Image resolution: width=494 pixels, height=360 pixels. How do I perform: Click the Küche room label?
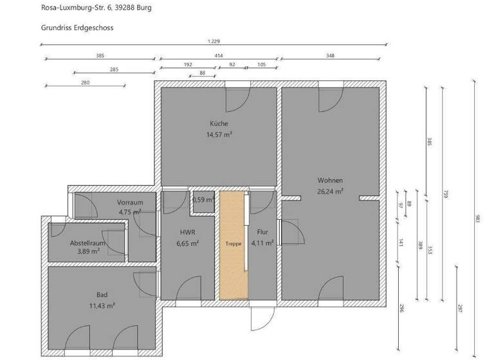(219, 123)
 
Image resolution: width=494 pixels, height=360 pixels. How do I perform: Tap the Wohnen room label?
(330, 180)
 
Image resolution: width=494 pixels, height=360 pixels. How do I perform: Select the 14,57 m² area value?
(219, 135)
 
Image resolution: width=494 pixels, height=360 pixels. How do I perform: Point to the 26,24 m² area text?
(330, 191)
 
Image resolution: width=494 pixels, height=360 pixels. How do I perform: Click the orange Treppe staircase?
(232, 245)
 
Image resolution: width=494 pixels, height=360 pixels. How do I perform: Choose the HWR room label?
(188, 232)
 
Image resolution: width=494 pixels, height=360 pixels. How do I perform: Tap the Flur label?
(262, 232)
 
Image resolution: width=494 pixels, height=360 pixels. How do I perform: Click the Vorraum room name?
(130, 202)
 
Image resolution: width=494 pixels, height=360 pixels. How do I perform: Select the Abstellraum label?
(87, 243)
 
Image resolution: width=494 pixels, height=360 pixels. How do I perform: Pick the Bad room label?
(102, 294)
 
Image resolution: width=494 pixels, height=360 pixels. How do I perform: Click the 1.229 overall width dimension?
(213, 41)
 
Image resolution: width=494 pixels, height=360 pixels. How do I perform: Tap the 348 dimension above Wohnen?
(330, 56)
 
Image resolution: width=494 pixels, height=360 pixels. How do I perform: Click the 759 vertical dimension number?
(444, 194)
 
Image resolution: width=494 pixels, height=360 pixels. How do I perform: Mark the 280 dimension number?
(85, 83)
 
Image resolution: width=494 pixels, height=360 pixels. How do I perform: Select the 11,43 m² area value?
(102, 305)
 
